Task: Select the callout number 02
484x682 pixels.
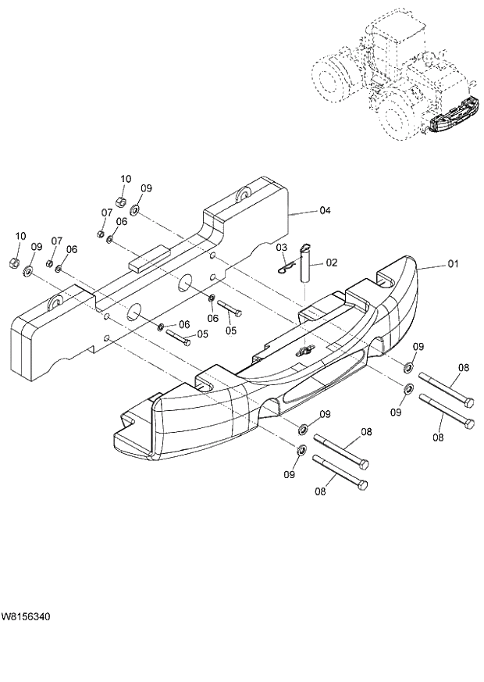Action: click(x=331, y=262)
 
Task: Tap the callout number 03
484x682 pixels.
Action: click(x=282, y=248)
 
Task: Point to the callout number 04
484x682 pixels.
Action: click(x=326, y=211)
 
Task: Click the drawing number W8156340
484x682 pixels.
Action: click(x=27, y=617)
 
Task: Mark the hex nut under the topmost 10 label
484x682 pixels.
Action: click(x=122, y=202)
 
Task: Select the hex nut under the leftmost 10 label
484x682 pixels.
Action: click(x=13, y=262)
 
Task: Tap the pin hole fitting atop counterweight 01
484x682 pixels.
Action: click(x=302, y=352)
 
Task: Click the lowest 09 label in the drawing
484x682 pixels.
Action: click(x=290, y=473)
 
